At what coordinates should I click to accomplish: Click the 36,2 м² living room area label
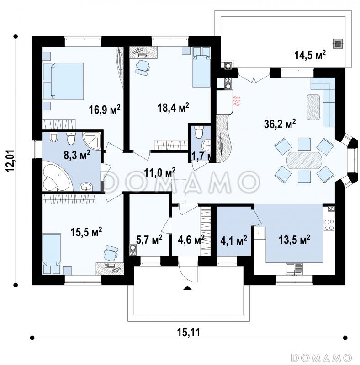pos(280,124)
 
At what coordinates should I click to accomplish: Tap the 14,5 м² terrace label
pos(310,55)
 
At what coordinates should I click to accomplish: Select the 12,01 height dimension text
pos(11,161)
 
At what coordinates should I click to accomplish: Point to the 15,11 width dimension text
pos(189,332)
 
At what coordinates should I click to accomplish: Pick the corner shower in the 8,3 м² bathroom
pos(92,141)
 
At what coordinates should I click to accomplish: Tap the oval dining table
pos(304,161)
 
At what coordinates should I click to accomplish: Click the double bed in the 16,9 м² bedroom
pos(63,81)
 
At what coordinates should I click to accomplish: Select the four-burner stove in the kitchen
pos(329,224)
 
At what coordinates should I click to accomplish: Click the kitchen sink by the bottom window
pos(294,269)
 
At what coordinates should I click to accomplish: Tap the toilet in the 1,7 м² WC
pos(199,132)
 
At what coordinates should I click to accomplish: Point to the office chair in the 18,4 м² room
pos(142,68)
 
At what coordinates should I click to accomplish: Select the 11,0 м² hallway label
pos(160,172)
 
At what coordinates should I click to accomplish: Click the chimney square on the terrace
pos(338,43)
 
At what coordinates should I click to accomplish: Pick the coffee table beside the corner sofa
pos(313,107)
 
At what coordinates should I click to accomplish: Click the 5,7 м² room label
pos(149,240)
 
